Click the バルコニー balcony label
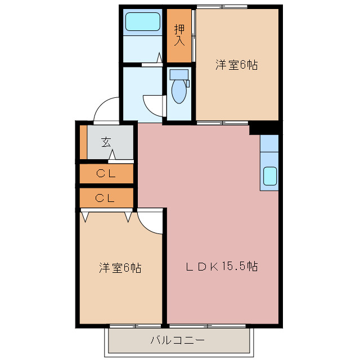177,340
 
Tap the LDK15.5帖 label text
222,267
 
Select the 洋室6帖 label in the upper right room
236,65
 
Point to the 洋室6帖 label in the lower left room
120,268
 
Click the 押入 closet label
179,35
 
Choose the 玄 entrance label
106,142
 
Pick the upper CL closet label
106,174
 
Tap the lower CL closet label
106,198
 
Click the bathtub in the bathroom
143,22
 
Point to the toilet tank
178,74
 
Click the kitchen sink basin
270,177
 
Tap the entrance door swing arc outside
105,110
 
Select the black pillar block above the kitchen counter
264,129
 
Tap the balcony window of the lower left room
135,326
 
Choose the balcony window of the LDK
208,326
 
